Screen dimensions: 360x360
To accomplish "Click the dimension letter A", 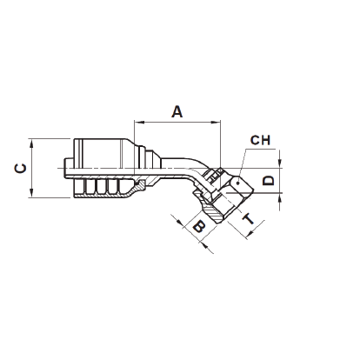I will pos(177,111).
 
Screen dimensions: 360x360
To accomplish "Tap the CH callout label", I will pos(260,140).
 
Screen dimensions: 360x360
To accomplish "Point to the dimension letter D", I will pos(270,181).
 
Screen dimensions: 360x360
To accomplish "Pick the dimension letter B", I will pos(198,229).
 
